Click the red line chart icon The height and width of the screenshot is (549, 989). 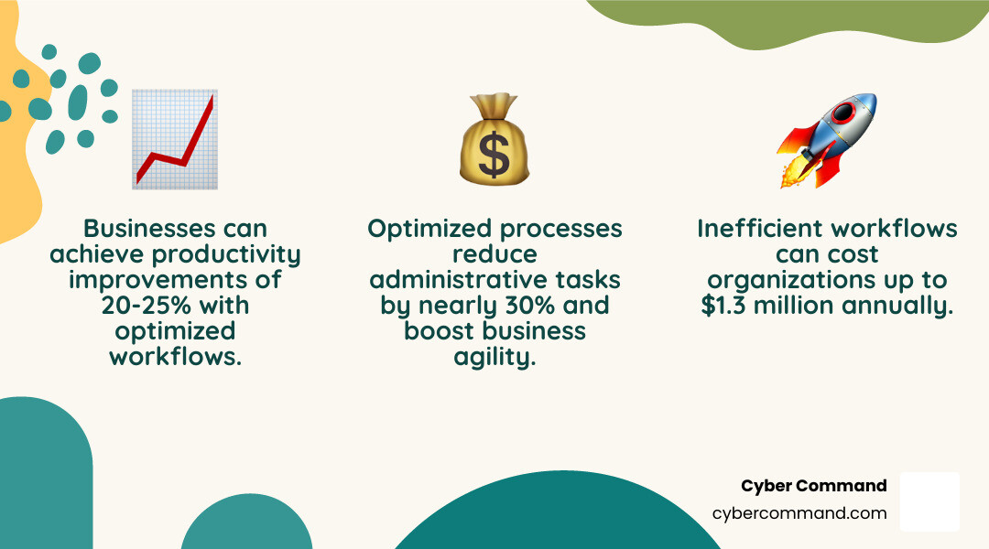[175, 139]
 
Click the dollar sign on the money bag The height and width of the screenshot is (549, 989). [494, 156]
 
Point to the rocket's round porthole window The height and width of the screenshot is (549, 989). [843, 113]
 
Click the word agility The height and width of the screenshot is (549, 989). [494, 356]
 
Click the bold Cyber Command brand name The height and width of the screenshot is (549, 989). [813, 486]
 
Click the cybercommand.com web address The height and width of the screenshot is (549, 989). [799, 513]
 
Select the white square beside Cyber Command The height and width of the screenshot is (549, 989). [929, 501]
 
